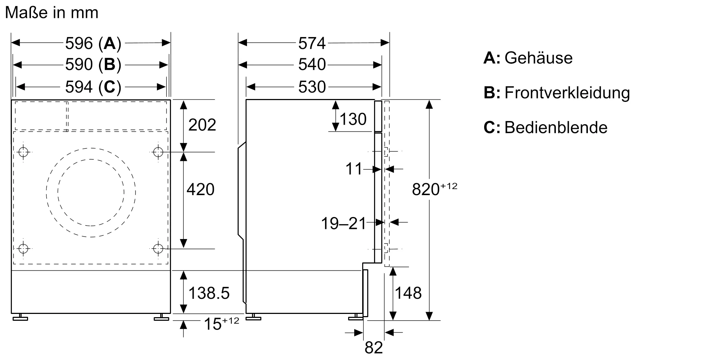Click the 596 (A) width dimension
pyautogui.click(x=93, y=44)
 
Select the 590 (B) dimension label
pyautogui.click(x=93, y=65)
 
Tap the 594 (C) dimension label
pyautogui.click(x=93, y=87)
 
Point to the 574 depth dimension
pyautogui.click(x=312, y=44)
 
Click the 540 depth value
pyautogui.click(x=312, y=65)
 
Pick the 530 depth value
pyautogui.click(x=312, y=87)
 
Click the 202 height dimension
pyautogui.click(x=202, y=125)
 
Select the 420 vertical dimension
pyautogui.click(x=201, y=190)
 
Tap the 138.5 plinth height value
pyautogui.click(x=209, y=293)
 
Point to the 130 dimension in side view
pyautogui.click(x=353, y=119)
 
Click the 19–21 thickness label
pyautogui.click(x=343, y=224)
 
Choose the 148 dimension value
pyautogui.click(x=408, y=293)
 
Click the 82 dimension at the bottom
pyautogui.click(x=373, y=348)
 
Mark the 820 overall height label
pyautogui.click(x=426, y=189)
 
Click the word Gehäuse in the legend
pyautogui.click(x=538, y=58)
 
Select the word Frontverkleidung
pyautogui.click(x=567, y=93)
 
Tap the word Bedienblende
pyautogui.click(x=556, y=128)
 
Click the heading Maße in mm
pyautogui.click(x=52, y=13)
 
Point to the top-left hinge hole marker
pyautogui.click(x=23, y=152)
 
